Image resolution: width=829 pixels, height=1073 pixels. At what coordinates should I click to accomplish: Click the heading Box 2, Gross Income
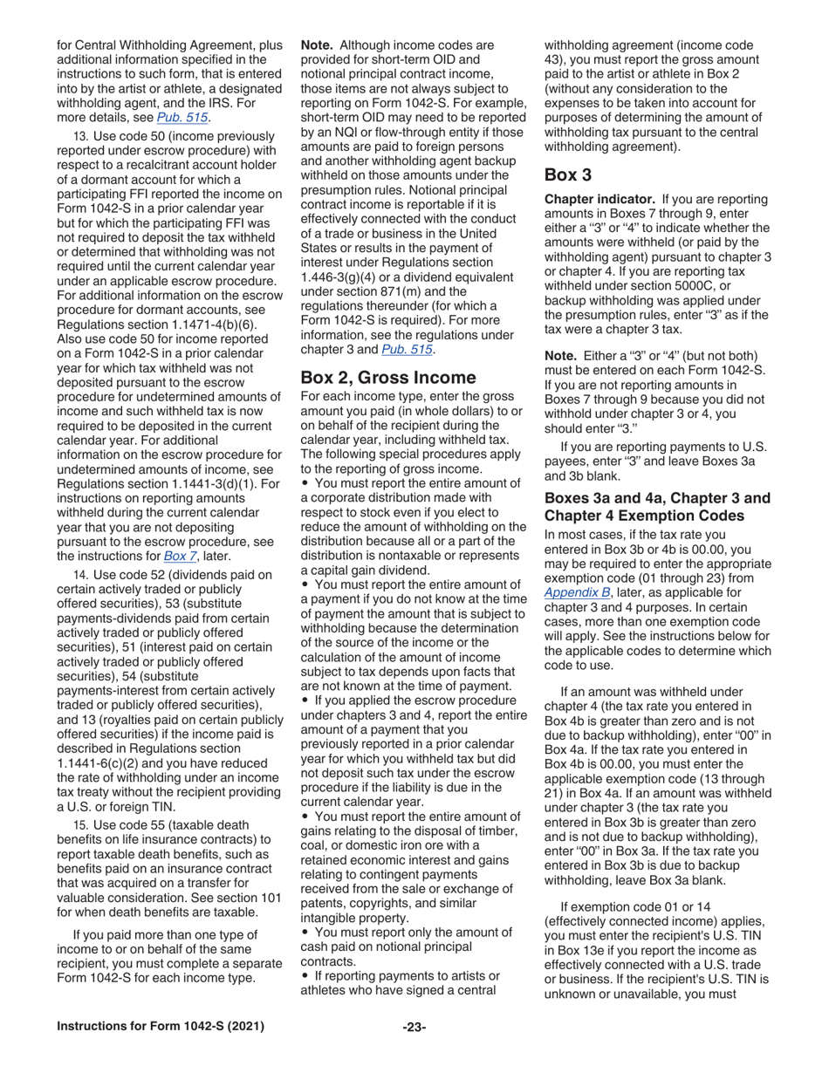coord(387,378)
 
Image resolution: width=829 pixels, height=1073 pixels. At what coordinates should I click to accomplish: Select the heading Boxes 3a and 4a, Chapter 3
coord(657,498)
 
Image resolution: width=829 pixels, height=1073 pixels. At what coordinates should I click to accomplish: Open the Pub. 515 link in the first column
coord(182,117)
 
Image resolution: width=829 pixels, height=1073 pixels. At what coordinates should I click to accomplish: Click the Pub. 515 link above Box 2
coord(408,350)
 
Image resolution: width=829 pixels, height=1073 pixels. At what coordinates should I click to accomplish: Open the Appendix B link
coord(577,592)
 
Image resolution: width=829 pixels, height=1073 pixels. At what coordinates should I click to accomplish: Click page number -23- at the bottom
coord(414,1027)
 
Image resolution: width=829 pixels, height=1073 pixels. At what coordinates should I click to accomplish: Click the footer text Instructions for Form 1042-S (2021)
coord(160,1027)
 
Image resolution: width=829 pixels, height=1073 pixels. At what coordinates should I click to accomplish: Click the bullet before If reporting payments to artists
coord(305,975)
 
